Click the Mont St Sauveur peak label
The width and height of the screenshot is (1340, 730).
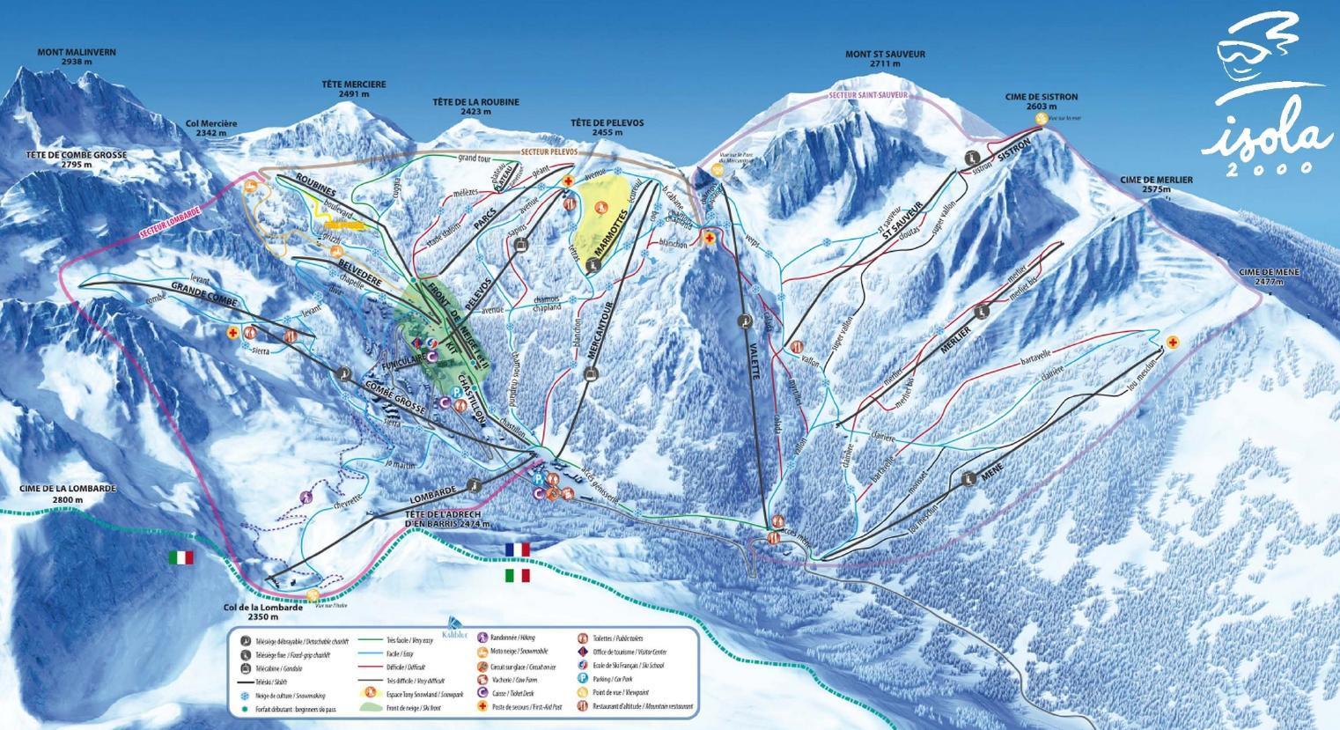pyautogui.click(x=885, y=58)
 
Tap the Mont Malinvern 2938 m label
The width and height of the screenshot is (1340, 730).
pyautogui.click(x=77, y=57)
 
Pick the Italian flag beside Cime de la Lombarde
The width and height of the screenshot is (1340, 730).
pyautogui.click(x=182, y=557)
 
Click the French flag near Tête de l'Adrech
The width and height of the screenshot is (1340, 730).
pyautogui.click(x=518, y=549)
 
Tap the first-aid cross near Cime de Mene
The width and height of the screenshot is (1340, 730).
pyautogui.click(x=1172, y=342)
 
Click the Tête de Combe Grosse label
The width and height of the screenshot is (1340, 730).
pyautogui.click(x=76, y=159)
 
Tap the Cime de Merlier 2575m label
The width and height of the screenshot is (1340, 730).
pyautogui.click(x=1156, y=184)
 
